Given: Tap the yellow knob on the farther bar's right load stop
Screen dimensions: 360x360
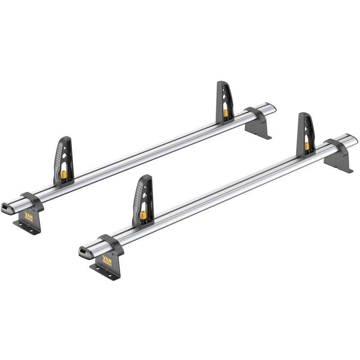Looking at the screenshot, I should point(225,112).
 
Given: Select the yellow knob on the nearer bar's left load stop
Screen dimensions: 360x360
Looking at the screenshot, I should point(143,215).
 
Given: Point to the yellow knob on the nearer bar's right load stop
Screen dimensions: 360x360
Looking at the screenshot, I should point(307,145).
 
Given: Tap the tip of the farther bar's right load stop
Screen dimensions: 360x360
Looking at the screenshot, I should point(222,83).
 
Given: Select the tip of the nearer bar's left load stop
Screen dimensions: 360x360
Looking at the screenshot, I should point(145,177).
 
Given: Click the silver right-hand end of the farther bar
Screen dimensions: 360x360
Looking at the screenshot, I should point(271,108).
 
